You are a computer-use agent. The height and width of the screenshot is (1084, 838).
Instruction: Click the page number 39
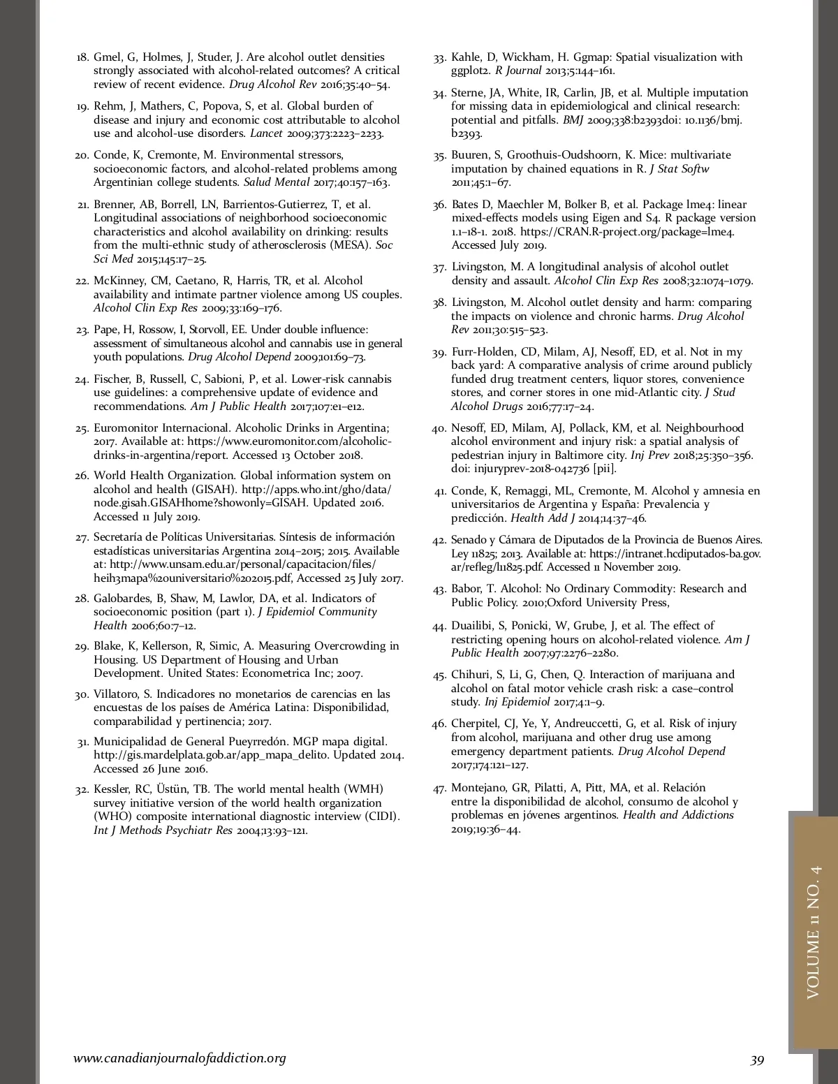(x=757, y=1060)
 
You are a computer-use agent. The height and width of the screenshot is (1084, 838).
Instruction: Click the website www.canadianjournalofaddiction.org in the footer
(x=179, y=1058)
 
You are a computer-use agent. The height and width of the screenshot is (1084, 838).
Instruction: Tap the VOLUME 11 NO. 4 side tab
(x=814, y=932)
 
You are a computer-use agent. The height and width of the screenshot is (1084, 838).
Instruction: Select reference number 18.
(x=82, y=57)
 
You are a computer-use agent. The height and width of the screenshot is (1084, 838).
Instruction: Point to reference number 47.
(x=439, y=789)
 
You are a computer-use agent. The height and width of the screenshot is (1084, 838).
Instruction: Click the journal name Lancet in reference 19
(x=266, y=133)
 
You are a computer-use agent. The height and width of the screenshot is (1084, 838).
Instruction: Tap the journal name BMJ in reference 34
(x=573, y=120)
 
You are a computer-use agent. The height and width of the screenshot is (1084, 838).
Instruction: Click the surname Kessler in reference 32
(x=112, y=789)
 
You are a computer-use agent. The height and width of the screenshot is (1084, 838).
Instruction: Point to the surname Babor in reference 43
(x=466, y=589)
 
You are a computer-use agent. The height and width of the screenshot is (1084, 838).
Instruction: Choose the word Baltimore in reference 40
(x=584, y=455)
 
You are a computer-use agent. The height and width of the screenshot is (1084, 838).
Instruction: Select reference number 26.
(x=82, y=476)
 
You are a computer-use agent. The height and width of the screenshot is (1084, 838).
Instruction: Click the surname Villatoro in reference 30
(x=117, y=694)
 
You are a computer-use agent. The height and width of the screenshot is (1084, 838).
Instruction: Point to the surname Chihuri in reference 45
(x=470, y=675)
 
